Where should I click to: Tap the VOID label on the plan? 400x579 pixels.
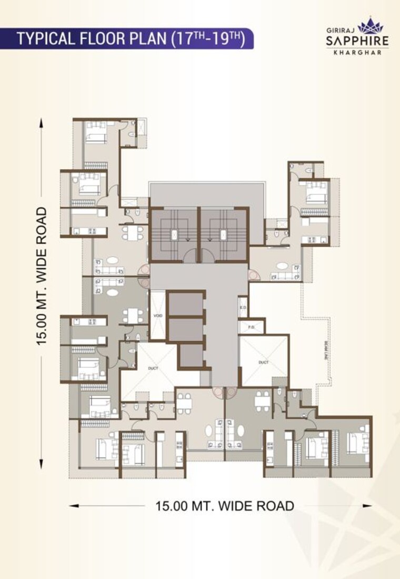point(158,316)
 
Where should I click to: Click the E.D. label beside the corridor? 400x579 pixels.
point(243,307)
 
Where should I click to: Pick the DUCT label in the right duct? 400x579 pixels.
point(263,362)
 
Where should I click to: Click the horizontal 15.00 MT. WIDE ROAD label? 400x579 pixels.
point(225,506)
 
